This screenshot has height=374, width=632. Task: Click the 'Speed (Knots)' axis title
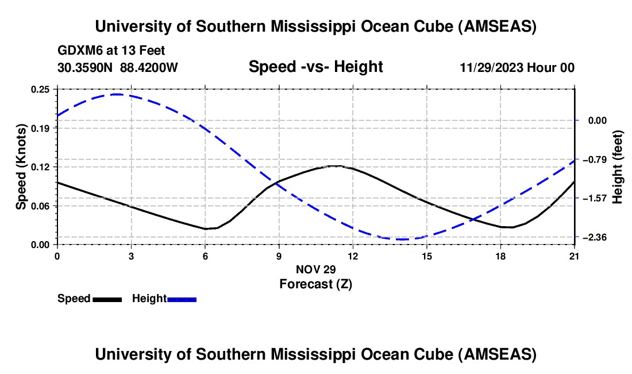pyautogui.click(x=21, y=167)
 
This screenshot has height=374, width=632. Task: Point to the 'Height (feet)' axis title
pyautogui.click(x=618, y=167)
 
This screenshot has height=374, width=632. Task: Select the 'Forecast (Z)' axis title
pyautogui.click(x=315, y=284)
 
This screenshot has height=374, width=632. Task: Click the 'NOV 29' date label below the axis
pyautogui.click(x=315, y=269)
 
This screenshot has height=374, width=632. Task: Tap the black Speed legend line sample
pyautogui.click(x=107, y=299)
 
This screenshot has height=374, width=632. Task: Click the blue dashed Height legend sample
pyautogui.click(x=182, y=299)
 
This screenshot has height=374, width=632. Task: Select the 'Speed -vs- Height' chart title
pyautogui.click(x=315, y=67)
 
